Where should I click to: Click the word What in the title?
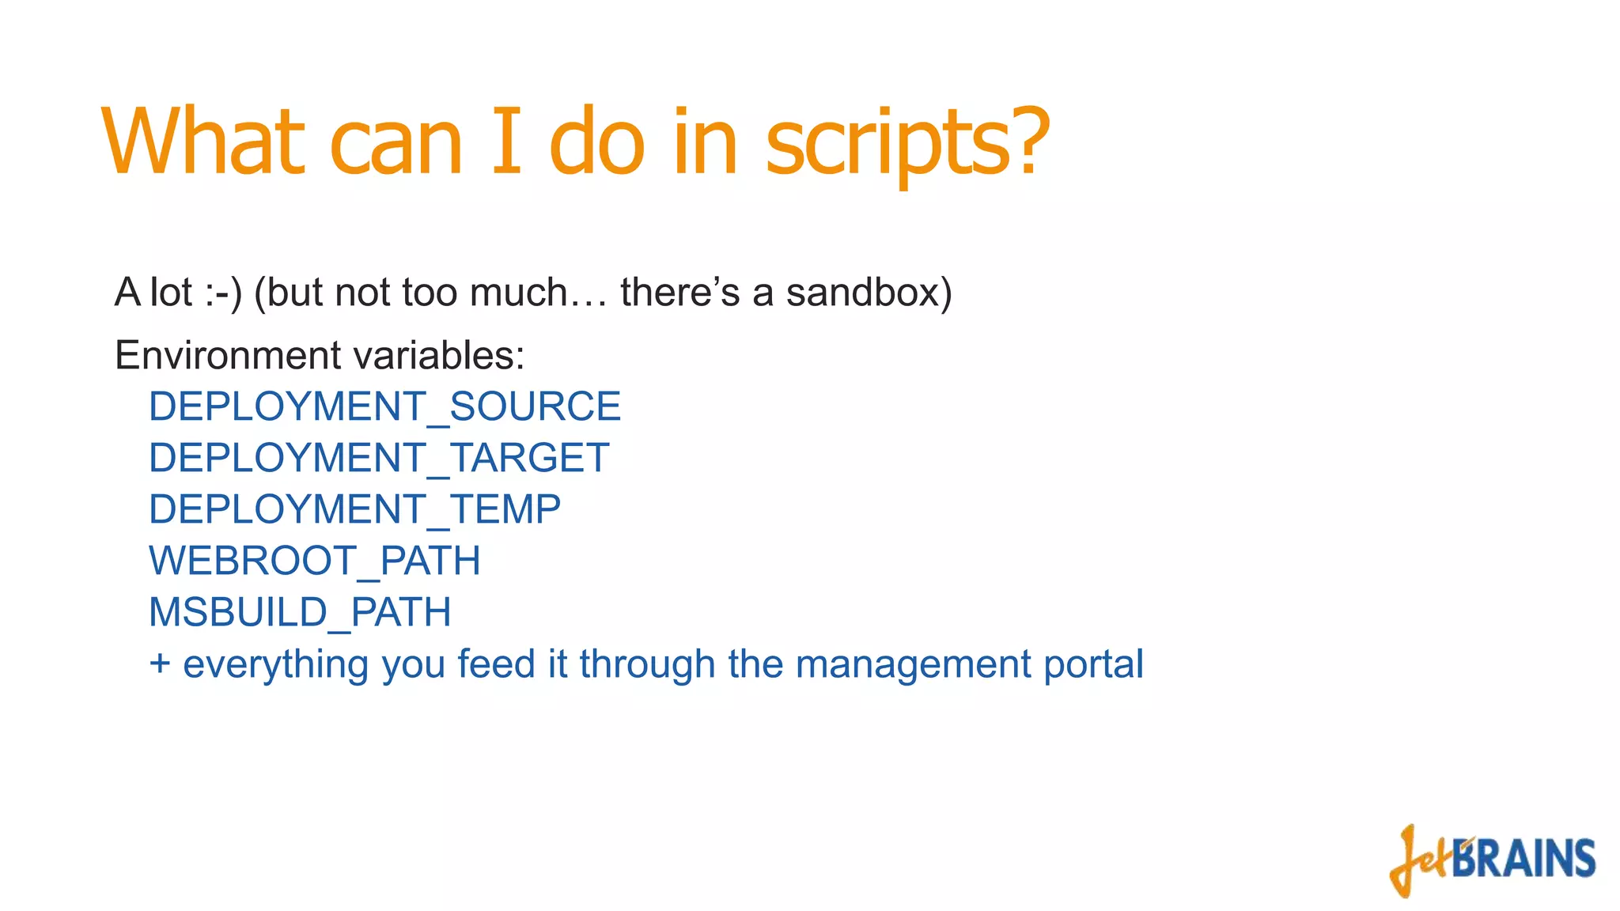[202, 142]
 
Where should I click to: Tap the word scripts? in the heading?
[907, 145]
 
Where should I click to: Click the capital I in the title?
[506, 142]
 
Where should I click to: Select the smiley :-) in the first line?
[223, 293]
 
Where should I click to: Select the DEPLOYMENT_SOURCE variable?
[384, 406]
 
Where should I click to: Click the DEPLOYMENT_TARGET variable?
[379, 458]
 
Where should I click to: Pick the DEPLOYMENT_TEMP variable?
[354, 509]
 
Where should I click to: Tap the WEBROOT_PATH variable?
[314, 561]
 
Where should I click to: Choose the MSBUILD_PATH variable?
[300, 612]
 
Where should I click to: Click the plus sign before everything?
[160, 663]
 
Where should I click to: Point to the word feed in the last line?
[496, 663]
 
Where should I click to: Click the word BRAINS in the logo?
[1523, 859]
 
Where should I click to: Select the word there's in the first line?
[679, 292]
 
